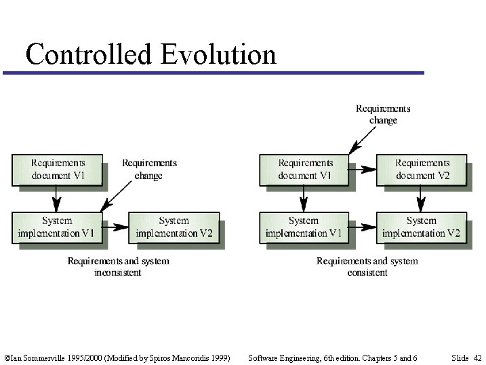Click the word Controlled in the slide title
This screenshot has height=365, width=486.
pyautogui.click(x=88, y=54)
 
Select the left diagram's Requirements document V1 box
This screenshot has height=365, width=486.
pyautogui.click(x=58, y=170)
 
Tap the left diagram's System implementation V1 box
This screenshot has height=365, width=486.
pyautogui.click(x=58, y=227)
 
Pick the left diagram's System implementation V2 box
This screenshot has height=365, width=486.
pyautogui.click(x=174, y=227)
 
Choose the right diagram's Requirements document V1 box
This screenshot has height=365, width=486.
pyautogui.click(x=304, y=170)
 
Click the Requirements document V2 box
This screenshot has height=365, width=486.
pyautogui.click(x=422, y=170)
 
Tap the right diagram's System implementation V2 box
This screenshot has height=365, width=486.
pyautogui.click(x=421, y=227)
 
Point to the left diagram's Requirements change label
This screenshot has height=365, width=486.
pyautogui.click(x=149, y=169)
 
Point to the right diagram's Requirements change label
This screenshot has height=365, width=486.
pyautogui.click(x=383, y=114)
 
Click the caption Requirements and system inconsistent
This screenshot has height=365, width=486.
pyautogui.click(x=118, y=267)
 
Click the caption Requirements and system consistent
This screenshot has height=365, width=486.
pyautogui.click(x=367, y=267)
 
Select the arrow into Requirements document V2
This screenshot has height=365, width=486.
pyautogui.click(x=363, y=170)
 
